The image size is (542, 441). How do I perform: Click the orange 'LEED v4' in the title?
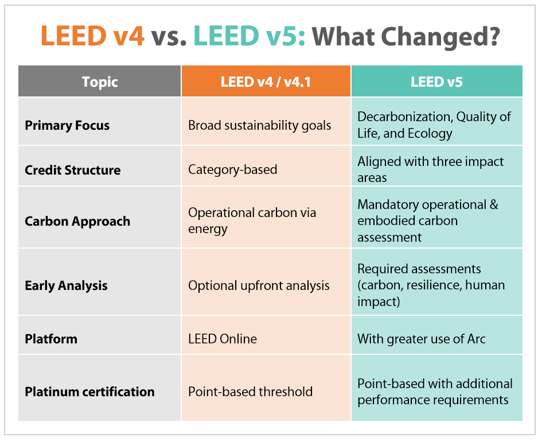(92, 36)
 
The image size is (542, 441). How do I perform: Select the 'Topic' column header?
(99, 82)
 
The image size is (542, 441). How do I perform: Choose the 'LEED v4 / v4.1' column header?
(266, 82)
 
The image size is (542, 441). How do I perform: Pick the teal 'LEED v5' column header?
(436, 82)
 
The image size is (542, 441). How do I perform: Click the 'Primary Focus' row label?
(67, 125)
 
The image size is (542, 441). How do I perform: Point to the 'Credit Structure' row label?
(72, 170)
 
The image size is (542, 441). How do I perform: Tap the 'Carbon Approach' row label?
(77, 221)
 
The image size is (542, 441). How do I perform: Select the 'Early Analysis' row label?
(66, 285)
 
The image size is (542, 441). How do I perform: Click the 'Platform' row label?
(51, 339)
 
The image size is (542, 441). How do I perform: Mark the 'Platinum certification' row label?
(89, 392)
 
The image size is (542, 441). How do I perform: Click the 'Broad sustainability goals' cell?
(259, 125)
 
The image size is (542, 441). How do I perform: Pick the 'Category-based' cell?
(232, 170)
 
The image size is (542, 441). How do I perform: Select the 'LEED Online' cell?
(223, 339)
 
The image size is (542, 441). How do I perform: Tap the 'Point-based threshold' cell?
(250, 392)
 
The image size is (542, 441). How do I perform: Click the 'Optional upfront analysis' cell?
(259, 285)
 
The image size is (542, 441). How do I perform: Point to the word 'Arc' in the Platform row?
(475, 339)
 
